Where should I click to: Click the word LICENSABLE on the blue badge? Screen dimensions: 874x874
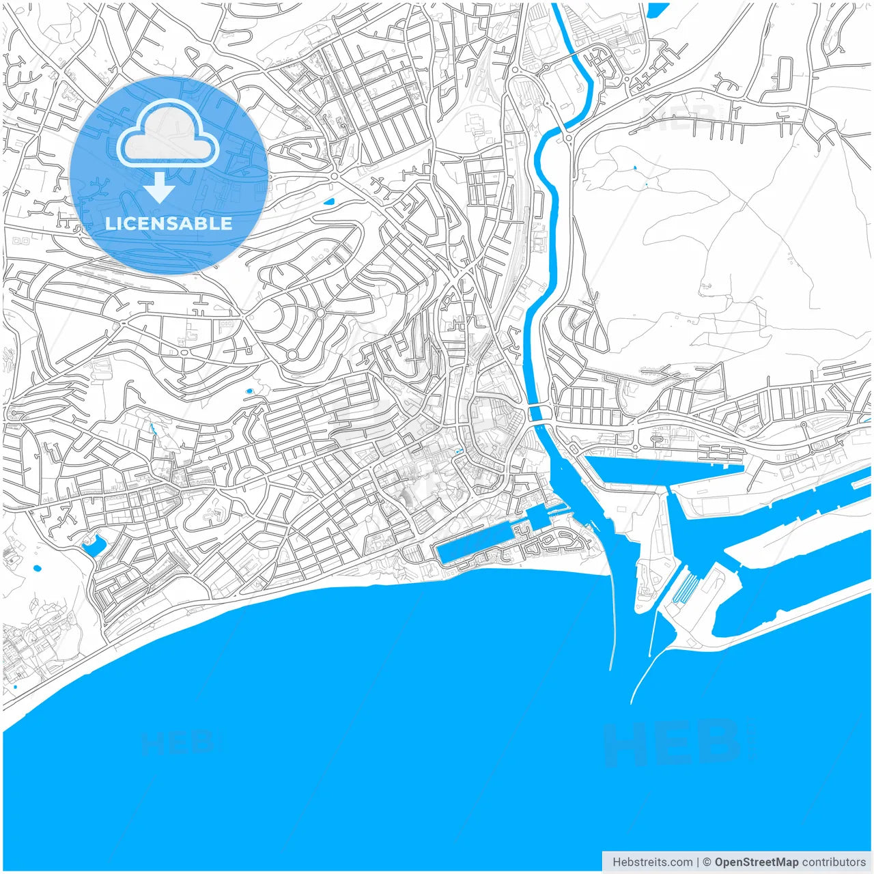pyautogui.click(x=169, y=224)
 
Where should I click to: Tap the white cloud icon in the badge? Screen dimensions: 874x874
pyautogui.click(x=168, y=134)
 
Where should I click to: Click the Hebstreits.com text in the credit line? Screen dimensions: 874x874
pyautogui.click(x=653, y=862)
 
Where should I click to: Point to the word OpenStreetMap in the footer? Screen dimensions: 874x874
pyautogui.click(x=756, y=862)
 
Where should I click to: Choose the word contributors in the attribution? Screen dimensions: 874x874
pyautogui.click(x=834, y=862)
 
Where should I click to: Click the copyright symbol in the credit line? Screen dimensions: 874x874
pyautogui.click(x=707, y=862)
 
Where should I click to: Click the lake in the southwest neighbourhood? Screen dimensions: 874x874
pyautogui.click(x=93, y=546)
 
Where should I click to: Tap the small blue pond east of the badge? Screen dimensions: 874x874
pyautogui.click(x=329, y=201)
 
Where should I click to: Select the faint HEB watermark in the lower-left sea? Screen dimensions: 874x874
pyautogui.click(x=179, y=743)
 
